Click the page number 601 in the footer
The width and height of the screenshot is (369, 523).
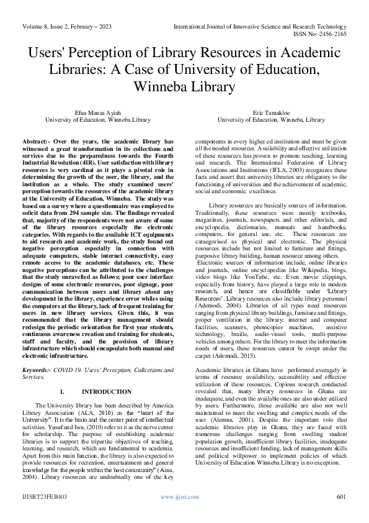coord(340,496)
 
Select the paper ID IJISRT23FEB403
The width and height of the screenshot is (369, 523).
coord(45,496)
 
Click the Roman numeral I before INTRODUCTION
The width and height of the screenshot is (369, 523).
coord(62,393)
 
